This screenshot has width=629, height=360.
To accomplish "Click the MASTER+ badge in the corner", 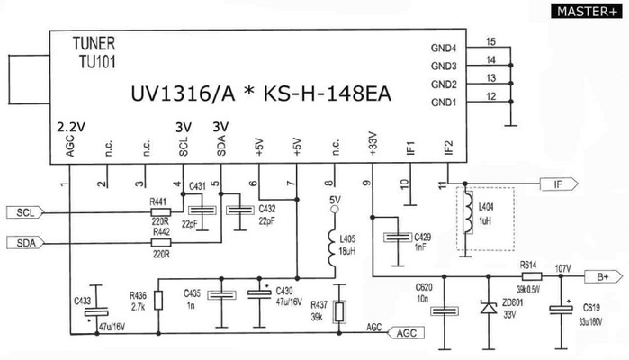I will tap(587, 11).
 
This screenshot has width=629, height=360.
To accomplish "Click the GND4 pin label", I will tap(444, 48).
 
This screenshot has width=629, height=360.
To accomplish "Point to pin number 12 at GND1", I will tap(490, 95).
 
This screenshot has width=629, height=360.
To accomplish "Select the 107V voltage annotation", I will tap(563, 267).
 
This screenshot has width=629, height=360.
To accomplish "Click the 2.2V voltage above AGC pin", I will tap(69, 126).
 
